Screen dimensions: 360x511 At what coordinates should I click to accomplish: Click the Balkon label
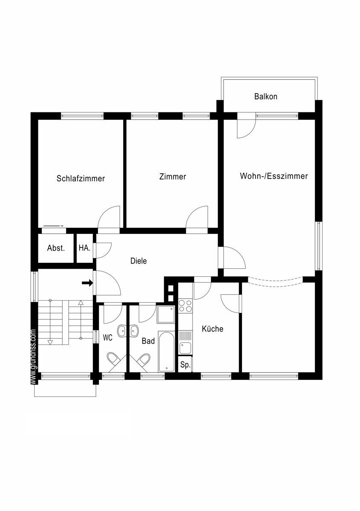[266, 97]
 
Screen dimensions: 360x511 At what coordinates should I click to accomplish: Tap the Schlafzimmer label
[81, 178]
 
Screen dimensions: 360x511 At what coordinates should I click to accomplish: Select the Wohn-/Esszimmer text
[274, 176]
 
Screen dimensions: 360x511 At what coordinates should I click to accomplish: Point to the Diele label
[138, 261]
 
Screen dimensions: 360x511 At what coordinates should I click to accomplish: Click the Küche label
[212, 329]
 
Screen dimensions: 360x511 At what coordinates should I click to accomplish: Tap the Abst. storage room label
[56, 248]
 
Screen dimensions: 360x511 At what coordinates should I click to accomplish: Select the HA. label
[84, 248]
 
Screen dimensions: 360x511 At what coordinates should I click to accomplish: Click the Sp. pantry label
[185, 365]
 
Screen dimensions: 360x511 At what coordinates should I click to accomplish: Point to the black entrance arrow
[87, 283]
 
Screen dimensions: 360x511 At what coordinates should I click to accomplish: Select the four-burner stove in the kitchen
[185, 306]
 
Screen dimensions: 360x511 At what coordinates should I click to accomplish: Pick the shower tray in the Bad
[166, 314]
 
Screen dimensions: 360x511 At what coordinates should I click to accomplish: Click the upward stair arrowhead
[81, 303]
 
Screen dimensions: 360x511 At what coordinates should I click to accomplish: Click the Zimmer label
[173, 177]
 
